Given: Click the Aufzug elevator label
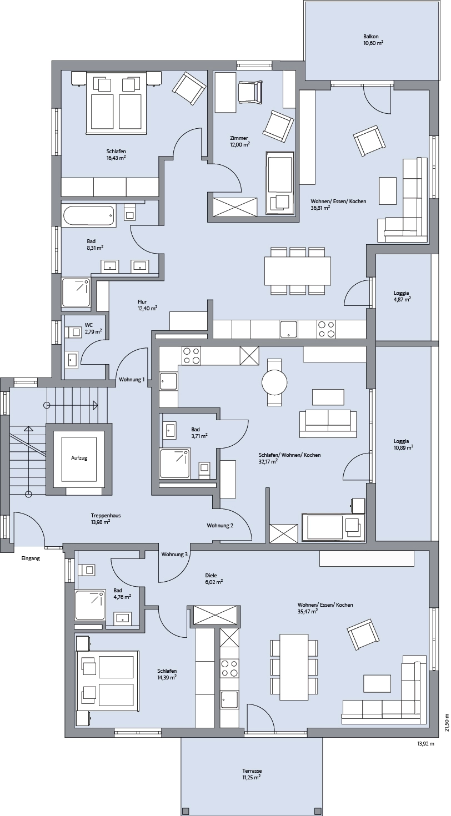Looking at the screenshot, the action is click(x=79, y=458).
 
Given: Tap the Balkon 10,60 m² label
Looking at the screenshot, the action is click(x=373, y=39).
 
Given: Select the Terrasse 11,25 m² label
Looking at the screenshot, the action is click(x=252, y=774).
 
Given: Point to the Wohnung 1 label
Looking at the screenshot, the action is click(x=132, y=380).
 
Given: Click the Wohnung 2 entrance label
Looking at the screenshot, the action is click(x=220, y=525).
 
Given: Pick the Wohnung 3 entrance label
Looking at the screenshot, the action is click(x=174, y=555).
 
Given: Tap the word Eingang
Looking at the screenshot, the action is click(x=31, y=558).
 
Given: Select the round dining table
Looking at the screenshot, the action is click(x=274, y=382).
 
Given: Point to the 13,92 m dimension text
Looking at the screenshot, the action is click(x=425, y=743).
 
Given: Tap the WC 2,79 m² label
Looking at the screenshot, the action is click(x=93, y=328).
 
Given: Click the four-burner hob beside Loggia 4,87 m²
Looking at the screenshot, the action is click(x=327, y=329).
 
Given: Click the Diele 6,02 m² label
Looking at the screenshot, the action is click(x=214, y=578).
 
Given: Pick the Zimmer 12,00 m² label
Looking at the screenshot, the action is click(x=239, y=141).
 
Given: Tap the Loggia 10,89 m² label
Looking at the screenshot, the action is click(x=403, y=444).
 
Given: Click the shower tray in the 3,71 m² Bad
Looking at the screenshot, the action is click(x=175, y=464).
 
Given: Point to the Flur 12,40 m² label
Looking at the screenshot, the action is click(x=147, y=305).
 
